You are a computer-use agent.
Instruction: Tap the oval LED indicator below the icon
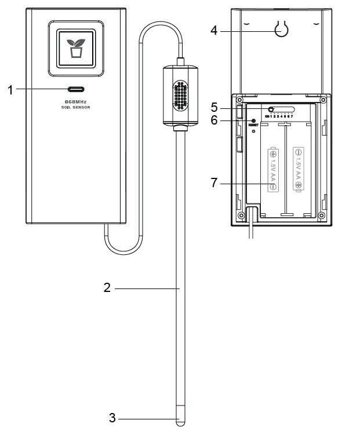(x=75, y=89)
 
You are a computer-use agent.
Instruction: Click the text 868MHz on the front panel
(x=75, y=101)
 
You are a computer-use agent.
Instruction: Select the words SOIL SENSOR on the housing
(x=75, y=108)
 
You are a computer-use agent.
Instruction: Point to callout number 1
(x=10, y=89)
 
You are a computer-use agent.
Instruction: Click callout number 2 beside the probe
(x=107, y=288)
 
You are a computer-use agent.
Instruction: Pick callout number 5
(x=214, y=107)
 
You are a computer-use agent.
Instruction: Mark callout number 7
(x=214, y=183)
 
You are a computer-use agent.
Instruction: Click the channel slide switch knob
(x=271, y=109)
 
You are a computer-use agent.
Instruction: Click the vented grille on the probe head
(x=181, y=95)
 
